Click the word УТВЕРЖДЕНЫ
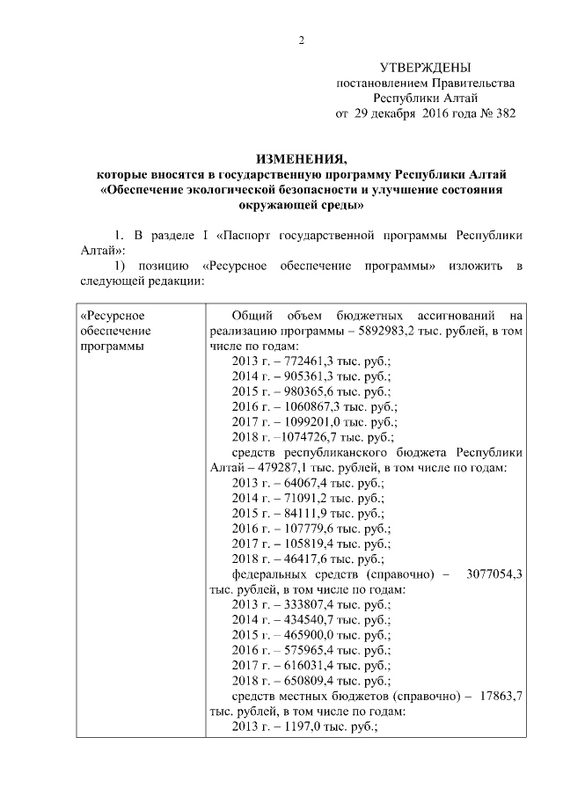[425, 68]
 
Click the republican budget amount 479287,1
[289, 468]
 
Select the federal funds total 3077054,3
[493, 573]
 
